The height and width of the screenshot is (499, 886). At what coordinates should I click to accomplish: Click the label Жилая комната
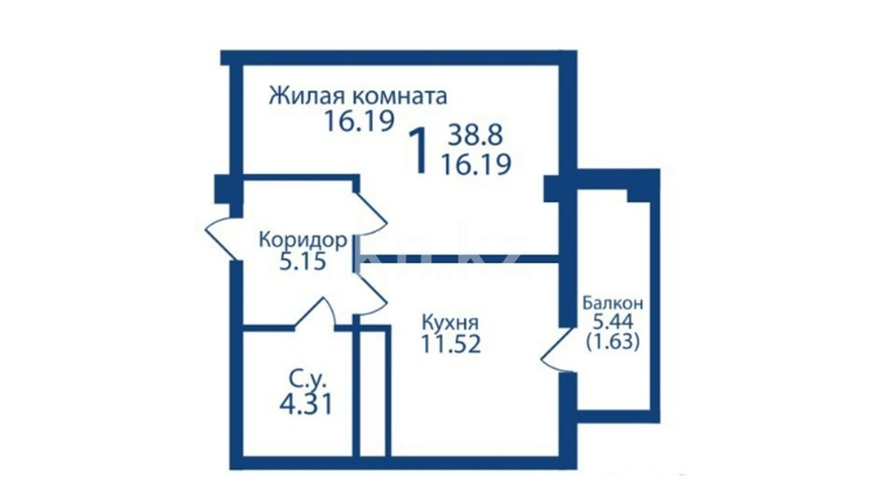tap(358, 96)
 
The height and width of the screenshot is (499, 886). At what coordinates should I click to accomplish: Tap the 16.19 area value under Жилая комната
tap(360, 121)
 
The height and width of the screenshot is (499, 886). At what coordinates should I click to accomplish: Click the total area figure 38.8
tap(476, 136)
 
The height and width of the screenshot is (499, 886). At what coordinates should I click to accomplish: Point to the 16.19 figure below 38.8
tap(476, 164)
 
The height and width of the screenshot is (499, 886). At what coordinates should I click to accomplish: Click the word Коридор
tap(303, 240)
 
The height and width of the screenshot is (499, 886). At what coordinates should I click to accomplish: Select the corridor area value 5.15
tap(303, 262)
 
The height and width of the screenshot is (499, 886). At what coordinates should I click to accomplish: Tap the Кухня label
tap(451, 322)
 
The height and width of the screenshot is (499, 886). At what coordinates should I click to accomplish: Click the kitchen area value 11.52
tap(451, 344)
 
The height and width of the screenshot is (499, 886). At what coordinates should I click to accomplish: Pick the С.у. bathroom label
tap(308, 380)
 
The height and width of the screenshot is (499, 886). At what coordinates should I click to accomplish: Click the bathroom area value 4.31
tap(306, 404)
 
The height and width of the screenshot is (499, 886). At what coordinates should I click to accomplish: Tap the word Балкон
tap(613, 304)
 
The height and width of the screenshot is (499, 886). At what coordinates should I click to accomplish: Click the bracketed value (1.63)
tap(613, 342)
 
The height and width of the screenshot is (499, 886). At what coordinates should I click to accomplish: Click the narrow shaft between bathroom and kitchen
tap(372, 393)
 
